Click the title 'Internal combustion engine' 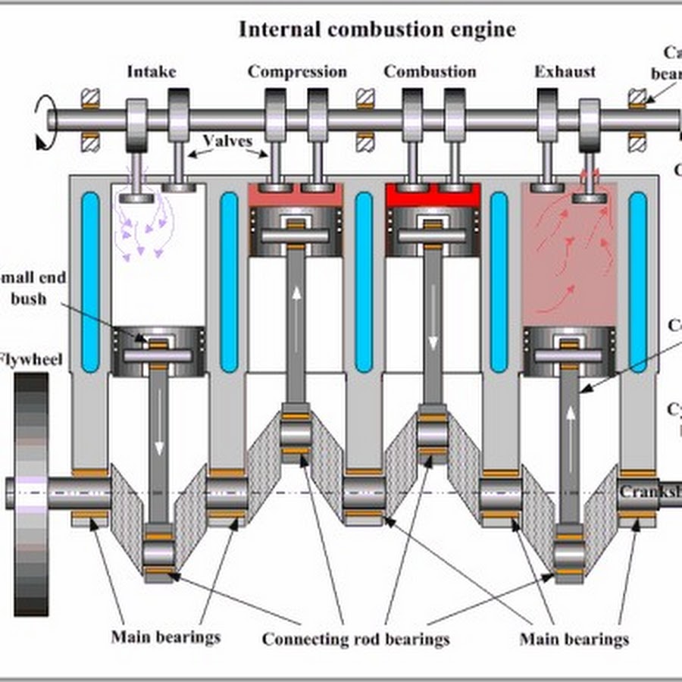(x=377, y=30)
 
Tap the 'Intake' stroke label (x=152, y=72)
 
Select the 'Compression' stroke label (x=297, y=72)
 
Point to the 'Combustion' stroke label (x=430, y=72)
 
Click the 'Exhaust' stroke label (x=565, y=72)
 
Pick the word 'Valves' (x=227, y=142)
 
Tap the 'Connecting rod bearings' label (x=355, y=639)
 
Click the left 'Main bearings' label (x=165, y=636)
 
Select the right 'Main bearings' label (x=574, y=639)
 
